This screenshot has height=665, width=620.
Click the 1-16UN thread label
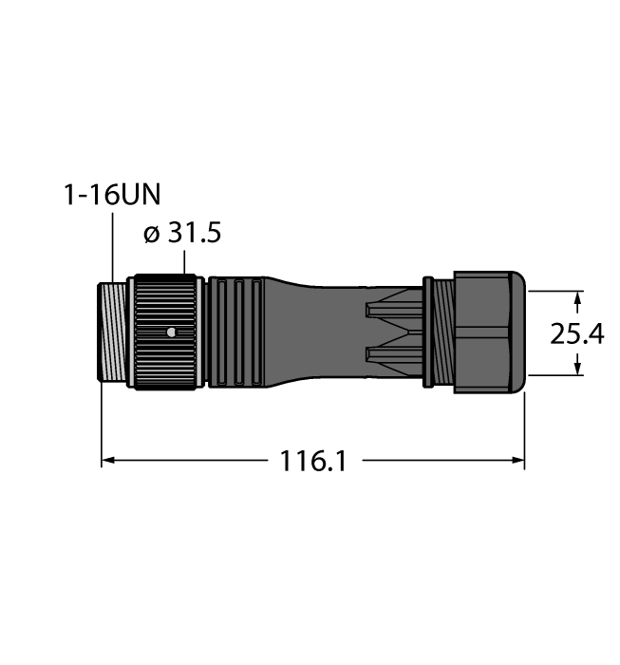(x=112, y=195)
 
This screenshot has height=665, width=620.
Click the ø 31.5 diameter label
(x=182, y=233)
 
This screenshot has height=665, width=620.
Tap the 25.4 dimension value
(x=576, y=333)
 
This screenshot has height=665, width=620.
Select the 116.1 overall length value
(x=313, y=461)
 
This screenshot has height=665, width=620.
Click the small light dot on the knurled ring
(x=171, y=332)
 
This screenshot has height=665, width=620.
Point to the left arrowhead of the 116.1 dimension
(x=108, y=460)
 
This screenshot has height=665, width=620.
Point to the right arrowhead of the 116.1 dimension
(x=518, y=460)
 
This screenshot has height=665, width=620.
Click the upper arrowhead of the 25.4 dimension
(x=577, y=297)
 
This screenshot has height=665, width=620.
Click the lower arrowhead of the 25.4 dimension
(x=577, y=369)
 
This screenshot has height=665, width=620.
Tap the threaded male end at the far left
(x=112, y=332)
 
